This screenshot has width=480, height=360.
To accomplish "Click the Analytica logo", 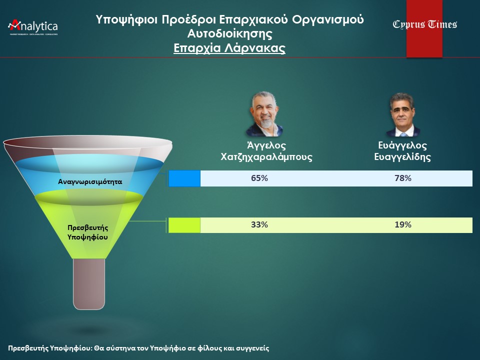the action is tap(33, 27).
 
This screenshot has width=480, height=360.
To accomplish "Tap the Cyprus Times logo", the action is tap(425, 24).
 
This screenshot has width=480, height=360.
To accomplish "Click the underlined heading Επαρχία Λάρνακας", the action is tap(229, 48).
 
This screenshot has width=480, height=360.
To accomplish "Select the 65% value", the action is tap(259, 178).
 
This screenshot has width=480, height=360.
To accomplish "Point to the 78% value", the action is tap(403, 178).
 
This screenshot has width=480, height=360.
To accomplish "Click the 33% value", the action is tap(259, 224).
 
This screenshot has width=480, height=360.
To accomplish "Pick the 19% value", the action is tap(403, 224).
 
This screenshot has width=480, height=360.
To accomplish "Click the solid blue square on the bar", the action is tap(184, 178).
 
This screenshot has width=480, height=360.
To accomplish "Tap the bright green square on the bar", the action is tap(184, 225).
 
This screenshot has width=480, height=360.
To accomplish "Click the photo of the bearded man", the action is tap(265, 113).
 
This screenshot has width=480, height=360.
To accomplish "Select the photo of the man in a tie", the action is tap(402, 114).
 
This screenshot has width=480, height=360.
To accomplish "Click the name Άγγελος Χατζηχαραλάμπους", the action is tap(266, 151).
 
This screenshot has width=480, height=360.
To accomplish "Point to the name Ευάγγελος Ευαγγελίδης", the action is tap(402, 151).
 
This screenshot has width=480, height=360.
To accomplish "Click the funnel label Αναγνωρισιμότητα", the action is tap(90, 182).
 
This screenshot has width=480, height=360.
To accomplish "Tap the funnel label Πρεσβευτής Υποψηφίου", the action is tap(87, 232).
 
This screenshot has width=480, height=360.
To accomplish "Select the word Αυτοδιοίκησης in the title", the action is tap(229, 33).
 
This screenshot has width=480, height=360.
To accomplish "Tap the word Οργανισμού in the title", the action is tap(328, 19).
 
